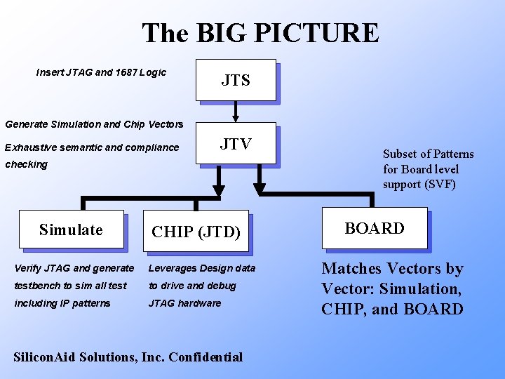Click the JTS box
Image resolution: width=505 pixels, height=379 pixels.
coord(236,80)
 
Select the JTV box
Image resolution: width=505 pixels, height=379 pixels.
coord(236,145)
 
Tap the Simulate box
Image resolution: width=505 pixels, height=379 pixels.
coord(71,230)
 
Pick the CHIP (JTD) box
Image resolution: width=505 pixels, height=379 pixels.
coord(196,231)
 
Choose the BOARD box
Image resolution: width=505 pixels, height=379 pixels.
coord(374,228)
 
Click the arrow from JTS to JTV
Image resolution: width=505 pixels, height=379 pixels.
coord(236,111)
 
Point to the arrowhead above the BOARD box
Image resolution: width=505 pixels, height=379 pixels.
coord(260,188)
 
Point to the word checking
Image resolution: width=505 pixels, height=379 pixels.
coord(26,164)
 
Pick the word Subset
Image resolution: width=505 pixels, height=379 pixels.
coord(400,154)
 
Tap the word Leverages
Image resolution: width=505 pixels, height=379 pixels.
coord(173,268)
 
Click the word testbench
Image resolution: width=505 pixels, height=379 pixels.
coord(35,286)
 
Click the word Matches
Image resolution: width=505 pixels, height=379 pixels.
coord(351,268)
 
